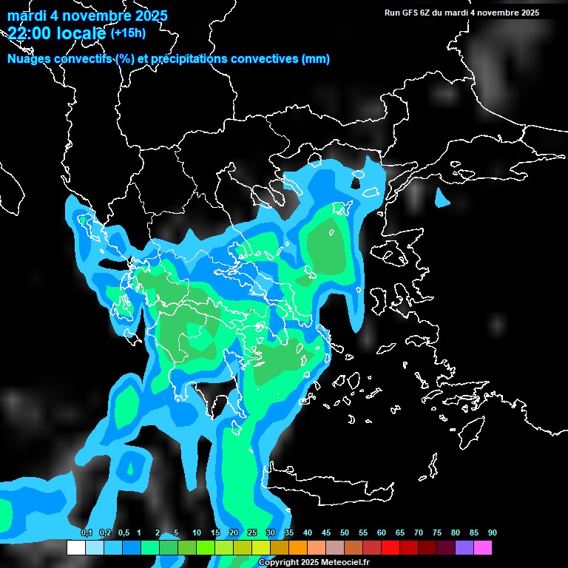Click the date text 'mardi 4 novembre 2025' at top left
tap(87, 16)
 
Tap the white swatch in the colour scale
tap(75, 547)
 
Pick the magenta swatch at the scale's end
tap(482, 547)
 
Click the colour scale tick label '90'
tap(493, 533)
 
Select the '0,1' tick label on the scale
tap(86, 533)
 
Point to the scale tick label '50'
tap(345, 533)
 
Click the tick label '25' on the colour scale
tap(252, 533)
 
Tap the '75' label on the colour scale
tap(437, 533)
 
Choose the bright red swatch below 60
tap(390, 547)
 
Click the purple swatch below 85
tap(464, 547)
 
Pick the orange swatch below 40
tap(297, 547)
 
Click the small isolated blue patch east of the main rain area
tap(442, 198)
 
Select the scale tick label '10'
tap(197, 533)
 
